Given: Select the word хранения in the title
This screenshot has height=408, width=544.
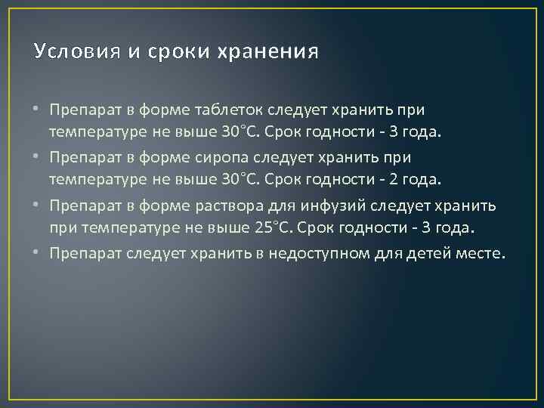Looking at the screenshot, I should tap(267, 52).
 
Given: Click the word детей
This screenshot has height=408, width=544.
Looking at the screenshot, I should tap(428, 252).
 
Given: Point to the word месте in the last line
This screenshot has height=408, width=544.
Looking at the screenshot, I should tap(478, 252).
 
